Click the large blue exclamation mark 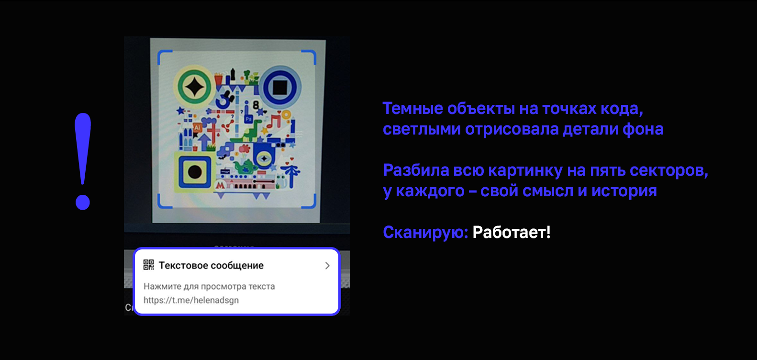(x=83, y=161)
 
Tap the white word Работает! (x=512, y=232)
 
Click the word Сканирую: (x=425, y=232)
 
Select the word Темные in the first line (x=412, y=109)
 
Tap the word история (x=623, y=191)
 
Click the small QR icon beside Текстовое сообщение (x=149, y=265)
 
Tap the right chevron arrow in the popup (x=327, y=265)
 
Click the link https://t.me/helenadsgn (x=191, y=300)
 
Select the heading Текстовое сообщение (x=211, y=265)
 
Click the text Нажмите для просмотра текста (x=209, y=286)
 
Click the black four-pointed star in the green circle (x=194, y=87)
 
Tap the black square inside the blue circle (x=280, y=87)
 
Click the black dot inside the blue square (x=195, y=171)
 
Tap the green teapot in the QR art (x=245, y=167)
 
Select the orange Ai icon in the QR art (x=197, y=128)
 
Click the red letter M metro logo (x=221, y=185)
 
